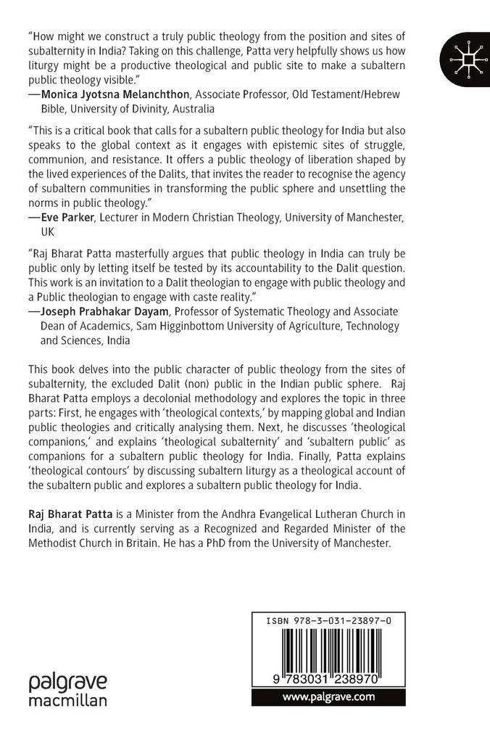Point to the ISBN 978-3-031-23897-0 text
coord(333,621)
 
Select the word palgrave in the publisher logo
coord(67,683)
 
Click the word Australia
coord(191,109)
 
